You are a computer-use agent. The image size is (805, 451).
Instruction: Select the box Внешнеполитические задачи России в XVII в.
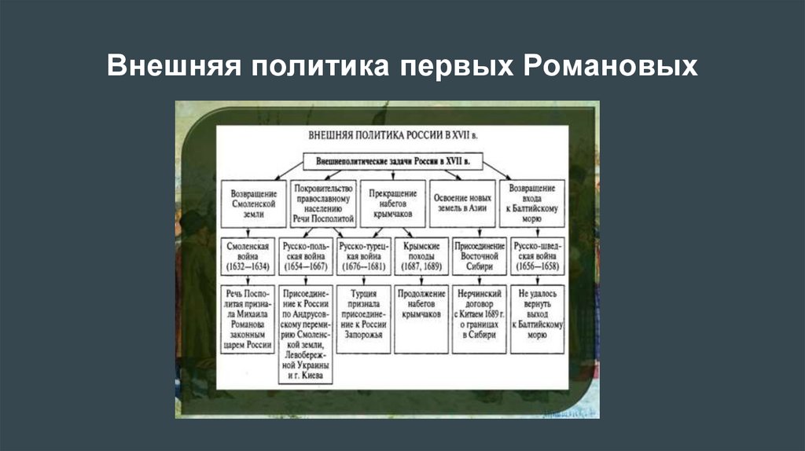click(x=392, y=161)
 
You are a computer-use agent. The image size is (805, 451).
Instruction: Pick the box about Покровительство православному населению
click(x=323, y=202)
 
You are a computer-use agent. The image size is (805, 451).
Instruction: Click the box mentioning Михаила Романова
click(x=248, y=317)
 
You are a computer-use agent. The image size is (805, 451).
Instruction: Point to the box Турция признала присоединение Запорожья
click(x=363, y=317)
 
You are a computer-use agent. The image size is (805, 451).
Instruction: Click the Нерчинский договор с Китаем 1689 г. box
click(x=479, y=317)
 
